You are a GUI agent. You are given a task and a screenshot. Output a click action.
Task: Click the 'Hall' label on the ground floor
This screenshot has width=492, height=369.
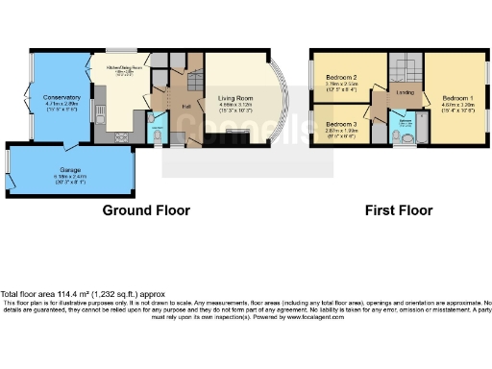point(184,107)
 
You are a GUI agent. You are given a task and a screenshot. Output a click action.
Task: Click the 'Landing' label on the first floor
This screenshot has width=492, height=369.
point(405,93)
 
